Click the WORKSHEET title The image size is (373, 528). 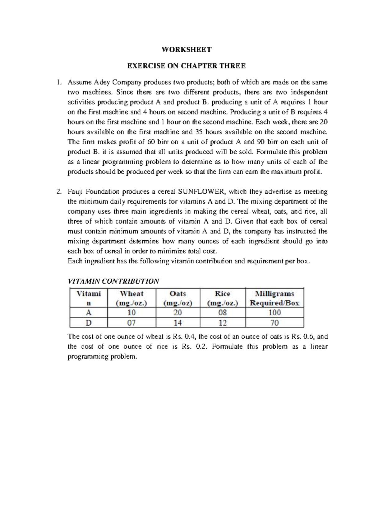point(186,49)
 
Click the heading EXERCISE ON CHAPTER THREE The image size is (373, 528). point(186,66)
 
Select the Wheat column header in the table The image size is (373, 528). point(131,298)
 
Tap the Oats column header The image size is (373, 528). point(178,298)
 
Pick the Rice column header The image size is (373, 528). point(223,298)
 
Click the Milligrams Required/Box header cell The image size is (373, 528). point(274,298)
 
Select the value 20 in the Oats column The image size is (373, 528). point(178,313)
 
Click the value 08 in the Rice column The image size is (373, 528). point(223,313)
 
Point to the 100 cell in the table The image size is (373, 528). point(274,313)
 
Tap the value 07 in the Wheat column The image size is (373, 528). point(131,323)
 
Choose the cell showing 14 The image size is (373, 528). point(178,323)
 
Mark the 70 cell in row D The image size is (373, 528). point(274,323)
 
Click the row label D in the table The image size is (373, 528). point(89,323)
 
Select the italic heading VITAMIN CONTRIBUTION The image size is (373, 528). point(113,281)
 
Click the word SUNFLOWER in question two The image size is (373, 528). point(202,191)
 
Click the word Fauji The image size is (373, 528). point(75,191)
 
